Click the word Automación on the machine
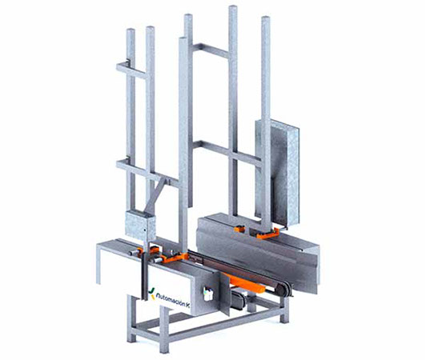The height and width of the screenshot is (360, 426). (170, 299)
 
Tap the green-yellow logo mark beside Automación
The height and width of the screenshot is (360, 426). (151, 292)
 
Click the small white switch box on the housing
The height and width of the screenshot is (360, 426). (208, 294)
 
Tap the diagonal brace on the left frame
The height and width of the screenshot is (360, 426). (155, 195)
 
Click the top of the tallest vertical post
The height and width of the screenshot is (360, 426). (233, 6)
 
